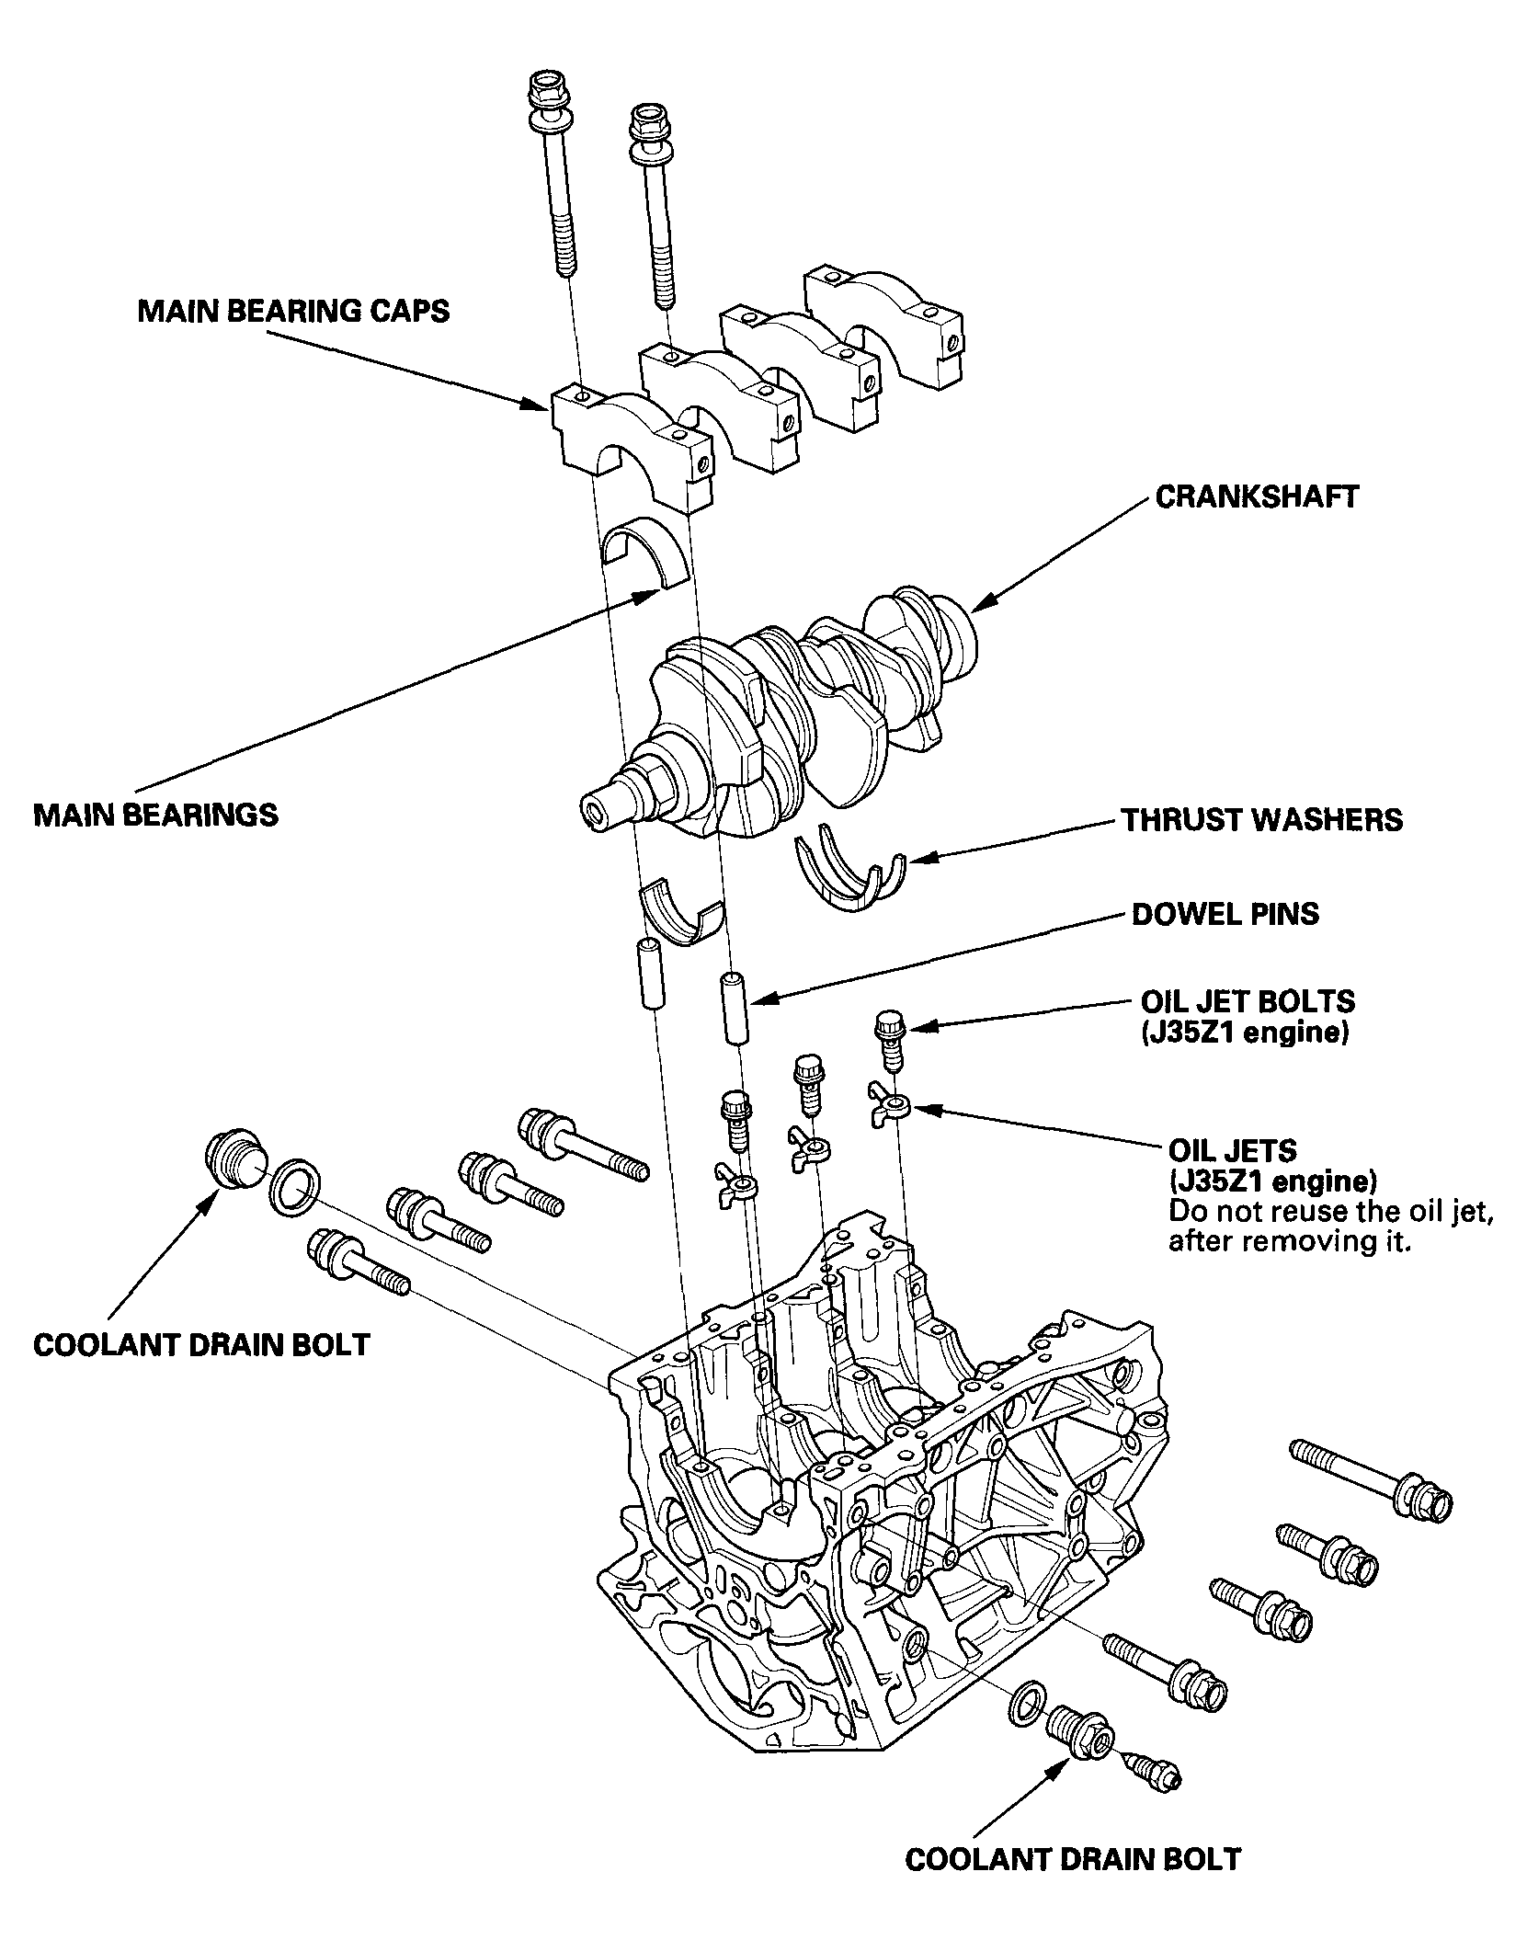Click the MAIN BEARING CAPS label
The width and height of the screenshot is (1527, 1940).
[293, 311]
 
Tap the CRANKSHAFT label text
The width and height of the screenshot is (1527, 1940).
[1256, 496]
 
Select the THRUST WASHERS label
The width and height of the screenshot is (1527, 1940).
[1261, 819]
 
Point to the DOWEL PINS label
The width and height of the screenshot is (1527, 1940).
[1225, 914]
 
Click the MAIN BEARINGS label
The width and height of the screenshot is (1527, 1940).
[155, 815]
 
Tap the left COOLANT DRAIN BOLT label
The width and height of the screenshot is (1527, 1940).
[200, 1345]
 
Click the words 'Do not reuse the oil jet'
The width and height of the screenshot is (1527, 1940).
[1329, 1212]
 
